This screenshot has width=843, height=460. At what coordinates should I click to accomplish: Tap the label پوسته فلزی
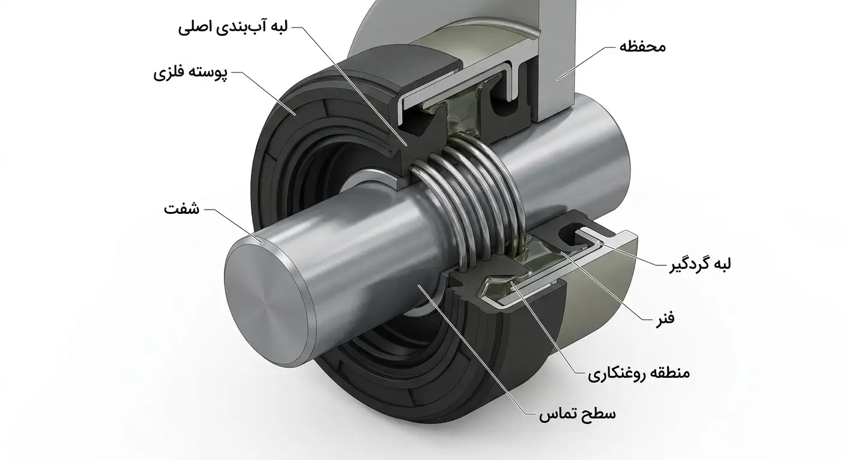pyautogui.click(x=190, y=73)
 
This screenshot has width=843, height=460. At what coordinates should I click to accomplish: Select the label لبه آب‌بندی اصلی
pyautogui.click(x=233, y=28)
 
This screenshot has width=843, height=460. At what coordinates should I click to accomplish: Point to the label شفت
pyautogui.click(x=181, y=209)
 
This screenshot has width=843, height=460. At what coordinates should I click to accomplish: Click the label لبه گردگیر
pyautogui.click(x=700, y=264)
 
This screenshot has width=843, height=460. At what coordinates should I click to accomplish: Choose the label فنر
pyautogui.click(x=665, y=319)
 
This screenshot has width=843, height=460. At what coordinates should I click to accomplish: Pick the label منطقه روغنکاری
pyautogui.click(x=639, y=373)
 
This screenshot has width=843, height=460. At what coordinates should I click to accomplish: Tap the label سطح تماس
pyautogui.click(x=577, y=414)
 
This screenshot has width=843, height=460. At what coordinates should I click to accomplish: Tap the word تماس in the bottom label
pyautogui.click(x=557, y=414)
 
